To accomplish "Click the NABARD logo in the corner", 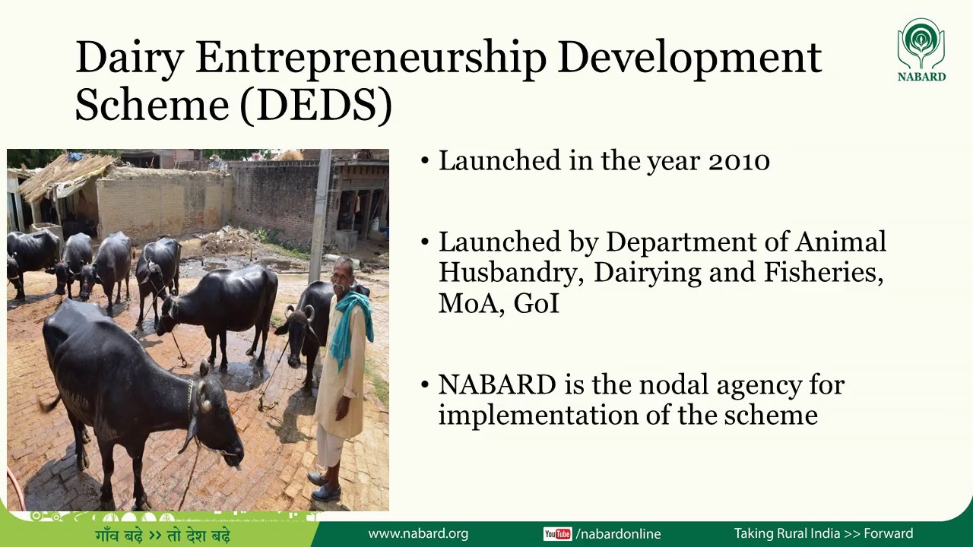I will (921, 49).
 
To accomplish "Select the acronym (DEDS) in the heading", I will (316, 105).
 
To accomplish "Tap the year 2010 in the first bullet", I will (739, 161).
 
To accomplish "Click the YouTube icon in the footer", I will (557, 534).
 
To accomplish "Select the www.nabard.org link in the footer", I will (418, 534).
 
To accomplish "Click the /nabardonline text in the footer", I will (618, 534).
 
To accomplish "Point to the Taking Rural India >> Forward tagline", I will (823, 534).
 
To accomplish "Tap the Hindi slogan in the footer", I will (163, 535).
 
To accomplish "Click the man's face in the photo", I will (344, 272).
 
